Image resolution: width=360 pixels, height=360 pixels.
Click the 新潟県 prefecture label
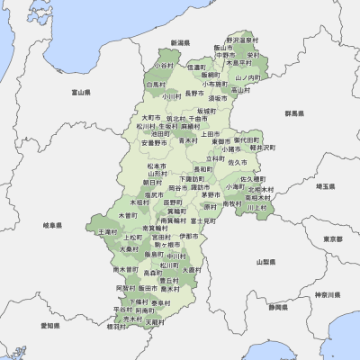tap(180, 42)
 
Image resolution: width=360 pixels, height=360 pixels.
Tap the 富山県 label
tap(82, 92)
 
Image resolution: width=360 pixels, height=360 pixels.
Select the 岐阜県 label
tap(52, 225)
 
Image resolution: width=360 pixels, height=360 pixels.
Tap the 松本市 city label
tap(155, 166)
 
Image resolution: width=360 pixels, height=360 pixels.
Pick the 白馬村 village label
tap(156, 85)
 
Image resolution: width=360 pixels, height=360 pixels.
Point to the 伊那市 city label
tap(188, 236)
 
